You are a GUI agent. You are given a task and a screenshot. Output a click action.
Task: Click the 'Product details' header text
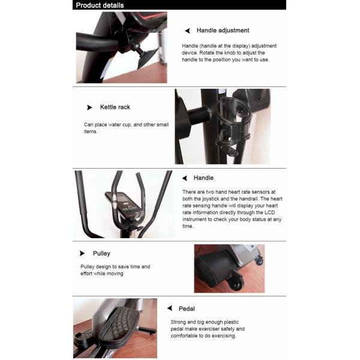click(x=100, y=5)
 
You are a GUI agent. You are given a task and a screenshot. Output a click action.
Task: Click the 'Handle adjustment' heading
click(x=223, y=31)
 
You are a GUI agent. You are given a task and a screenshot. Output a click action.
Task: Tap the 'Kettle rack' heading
click(x=115, y=107)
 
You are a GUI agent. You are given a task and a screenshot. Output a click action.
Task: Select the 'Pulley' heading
click(x=101, y=254)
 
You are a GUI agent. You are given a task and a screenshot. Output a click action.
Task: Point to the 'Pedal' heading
click(x=187, y=308)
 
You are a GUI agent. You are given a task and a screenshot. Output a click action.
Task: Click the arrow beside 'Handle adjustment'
click(x=187, y=31)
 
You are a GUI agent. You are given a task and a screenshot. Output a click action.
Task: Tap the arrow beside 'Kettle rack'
click(x=89, y=107)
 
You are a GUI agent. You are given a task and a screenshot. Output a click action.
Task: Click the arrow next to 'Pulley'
click(x=82, y=254)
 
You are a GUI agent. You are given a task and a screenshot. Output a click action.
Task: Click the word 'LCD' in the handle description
click(x=269, y=212)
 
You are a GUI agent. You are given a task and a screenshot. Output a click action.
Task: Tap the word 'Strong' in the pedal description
click(x=179, y=322)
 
